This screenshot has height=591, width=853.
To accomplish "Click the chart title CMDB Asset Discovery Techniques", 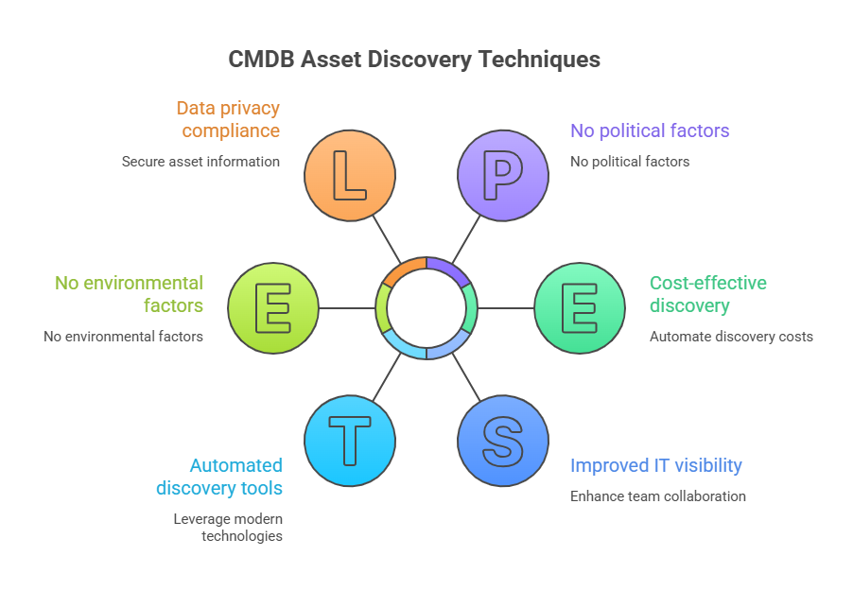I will point(414,60).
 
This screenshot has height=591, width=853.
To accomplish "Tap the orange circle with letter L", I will point(350,175).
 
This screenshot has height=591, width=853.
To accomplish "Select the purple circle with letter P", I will point(503,175).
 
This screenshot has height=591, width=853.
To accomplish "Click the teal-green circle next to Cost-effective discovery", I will point(580,308).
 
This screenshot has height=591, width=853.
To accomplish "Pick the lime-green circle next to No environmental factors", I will point(273,308).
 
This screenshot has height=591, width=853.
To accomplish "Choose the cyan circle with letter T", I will point(350,442).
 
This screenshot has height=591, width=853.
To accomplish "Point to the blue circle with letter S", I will point(503,442).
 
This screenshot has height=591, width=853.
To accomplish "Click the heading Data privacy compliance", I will point(228,119).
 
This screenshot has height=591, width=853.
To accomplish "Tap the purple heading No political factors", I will point(649,130).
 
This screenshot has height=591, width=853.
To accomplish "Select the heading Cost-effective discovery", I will point(707,294).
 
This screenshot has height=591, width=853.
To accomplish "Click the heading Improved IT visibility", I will point(655,465).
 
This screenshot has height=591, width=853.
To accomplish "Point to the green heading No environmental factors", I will point(129,294).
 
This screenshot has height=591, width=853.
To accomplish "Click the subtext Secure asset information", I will point(200,162).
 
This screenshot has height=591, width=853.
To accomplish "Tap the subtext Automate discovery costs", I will point(730,337).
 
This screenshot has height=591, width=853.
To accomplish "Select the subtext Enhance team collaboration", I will point(657,496).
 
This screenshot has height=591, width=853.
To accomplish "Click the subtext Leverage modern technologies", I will point(228,527).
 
